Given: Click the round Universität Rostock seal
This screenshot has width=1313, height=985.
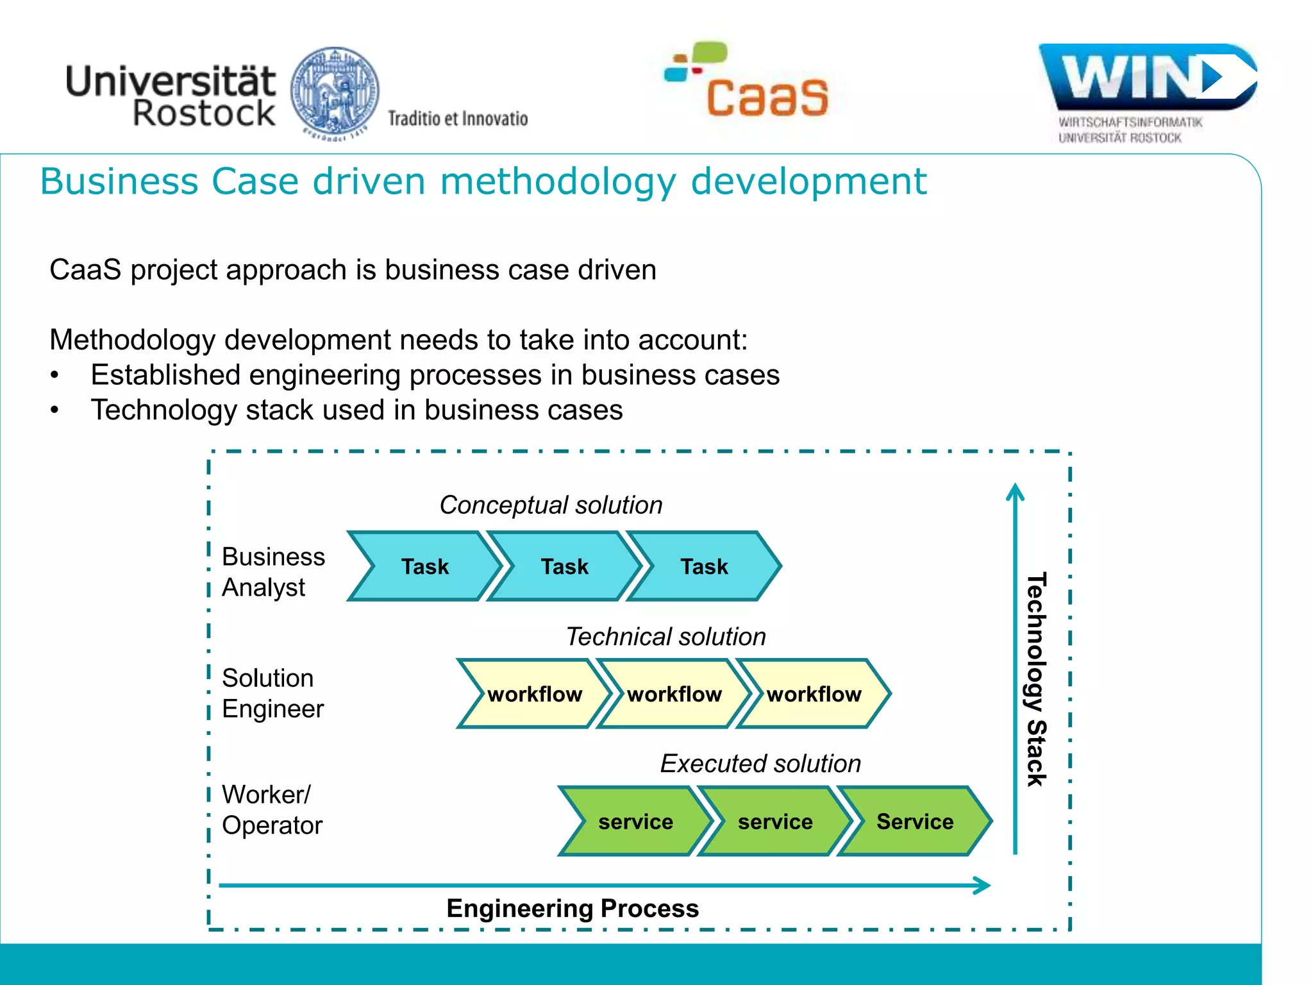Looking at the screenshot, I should point(335,91).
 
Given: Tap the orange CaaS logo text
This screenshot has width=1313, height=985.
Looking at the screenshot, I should point(767,97).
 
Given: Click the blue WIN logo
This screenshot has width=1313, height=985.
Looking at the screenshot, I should point(1148,77).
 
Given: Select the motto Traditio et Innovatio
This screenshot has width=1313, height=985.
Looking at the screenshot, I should point(458,119).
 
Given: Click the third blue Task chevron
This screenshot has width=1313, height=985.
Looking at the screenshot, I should point(703,566).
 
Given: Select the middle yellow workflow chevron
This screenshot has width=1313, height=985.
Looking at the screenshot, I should point(674,694).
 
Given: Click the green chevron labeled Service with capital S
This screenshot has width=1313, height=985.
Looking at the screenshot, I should point(914,821).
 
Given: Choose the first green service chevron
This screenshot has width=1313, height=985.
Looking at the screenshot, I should point(635,821).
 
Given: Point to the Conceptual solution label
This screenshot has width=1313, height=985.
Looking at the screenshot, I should point(551,505).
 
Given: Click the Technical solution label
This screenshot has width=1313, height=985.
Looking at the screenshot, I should point(665,637).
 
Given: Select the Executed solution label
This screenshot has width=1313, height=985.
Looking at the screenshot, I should point(760,764).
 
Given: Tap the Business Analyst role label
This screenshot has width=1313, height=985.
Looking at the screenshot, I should point(273,572).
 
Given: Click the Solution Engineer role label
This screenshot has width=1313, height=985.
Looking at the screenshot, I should point(272,693).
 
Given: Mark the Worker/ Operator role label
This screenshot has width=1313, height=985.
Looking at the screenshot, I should point(272,810).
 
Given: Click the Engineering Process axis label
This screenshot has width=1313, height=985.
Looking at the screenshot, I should point(573,909).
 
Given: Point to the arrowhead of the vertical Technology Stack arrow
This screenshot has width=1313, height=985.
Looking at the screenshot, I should point(1015,491).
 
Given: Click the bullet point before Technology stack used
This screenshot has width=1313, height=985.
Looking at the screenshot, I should point(55,410).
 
